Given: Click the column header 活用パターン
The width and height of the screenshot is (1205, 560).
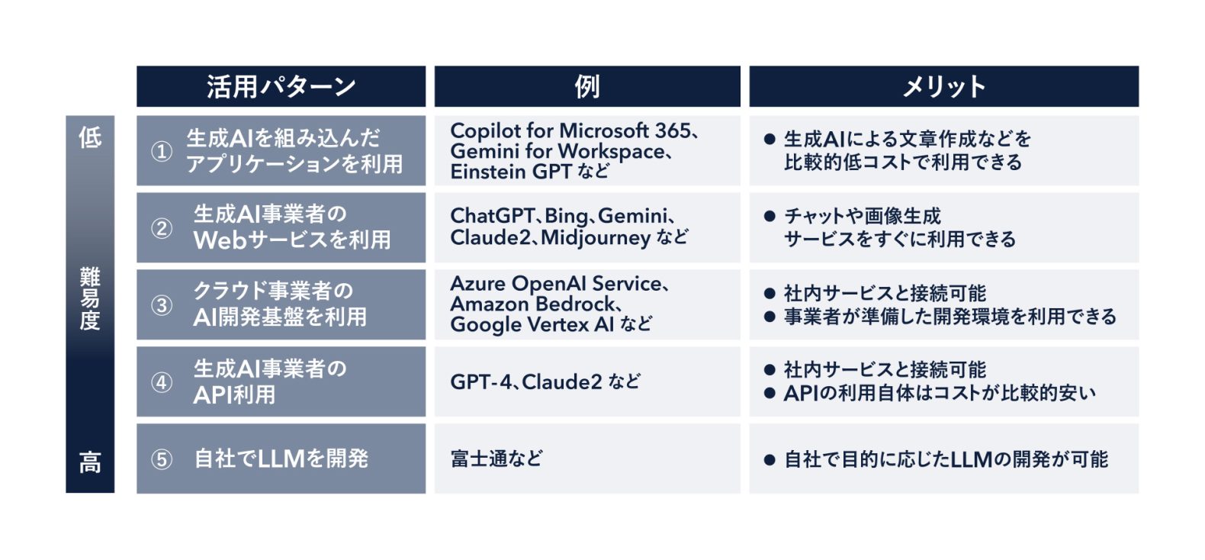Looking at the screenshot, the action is click(281, 87).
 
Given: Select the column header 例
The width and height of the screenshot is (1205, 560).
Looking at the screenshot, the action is click(587, 87).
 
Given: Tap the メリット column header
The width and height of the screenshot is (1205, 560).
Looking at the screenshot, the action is click(943, 87).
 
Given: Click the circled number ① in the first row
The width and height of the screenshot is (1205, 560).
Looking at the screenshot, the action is click(162, 151).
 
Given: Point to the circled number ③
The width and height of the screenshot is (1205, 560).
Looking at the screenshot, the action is click(162, 305).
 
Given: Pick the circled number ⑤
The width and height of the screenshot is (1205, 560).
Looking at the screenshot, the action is click(162, 459).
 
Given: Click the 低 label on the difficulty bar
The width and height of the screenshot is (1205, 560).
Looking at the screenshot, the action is click(90, 137).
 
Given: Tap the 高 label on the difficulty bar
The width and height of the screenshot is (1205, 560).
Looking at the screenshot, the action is click(90, 462).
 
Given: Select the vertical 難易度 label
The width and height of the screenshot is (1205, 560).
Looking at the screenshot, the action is click(90, 298).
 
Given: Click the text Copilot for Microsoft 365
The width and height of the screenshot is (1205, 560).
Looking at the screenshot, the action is click(570, 130).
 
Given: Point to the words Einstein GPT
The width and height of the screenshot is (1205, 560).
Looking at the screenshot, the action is click(510, 172).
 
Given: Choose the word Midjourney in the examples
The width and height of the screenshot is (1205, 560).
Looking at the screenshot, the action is click(596, 238).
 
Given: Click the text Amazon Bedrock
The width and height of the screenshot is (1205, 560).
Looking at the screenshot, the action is click(532, 304).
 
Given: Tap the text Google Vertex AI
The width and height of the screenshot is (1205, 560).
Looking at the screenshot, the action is click(532, 324).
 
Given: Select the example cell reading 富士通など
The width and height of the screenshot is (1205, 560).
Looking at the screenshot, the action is click(496, 459).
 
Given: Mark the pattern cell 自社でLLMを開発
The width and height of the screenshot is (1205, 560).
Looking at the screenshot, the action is click(281, 459).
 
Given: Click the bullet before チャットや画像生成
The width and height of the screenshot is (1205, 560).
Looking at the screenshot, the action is click(770, 216).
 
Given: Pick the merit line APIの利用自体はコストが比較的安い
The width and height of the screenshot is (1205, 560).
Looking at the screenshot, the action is click(940, 393).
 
